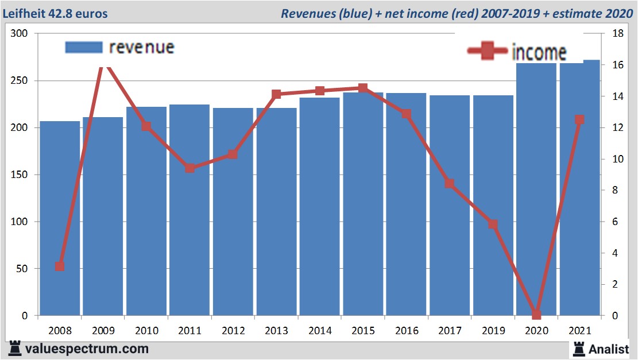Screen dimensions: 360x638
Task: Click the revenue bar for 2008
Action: point(60,218)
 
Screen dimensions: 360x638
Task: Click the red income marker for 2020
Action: point(536,315)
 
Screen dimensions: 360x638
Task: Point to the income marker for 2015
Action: point(363,88)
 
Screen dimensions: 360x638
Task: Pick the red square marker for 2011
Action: point(190,168)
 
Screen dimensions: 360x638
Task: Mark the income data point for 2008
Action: point(60,266)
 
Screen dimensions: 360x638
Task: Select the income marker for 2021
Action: point(579,119)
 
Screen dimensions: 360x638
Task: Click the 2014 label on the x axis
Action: point(320,331)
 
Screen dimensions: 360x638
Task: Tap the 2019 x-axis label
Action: point(493,331)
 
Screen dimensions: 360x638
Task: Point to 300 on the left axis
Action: point(20,34)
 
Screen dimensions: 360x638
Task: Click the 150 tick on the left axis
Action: point(20,175)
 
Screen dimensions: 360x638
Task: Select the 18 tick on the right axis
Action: point(618,34)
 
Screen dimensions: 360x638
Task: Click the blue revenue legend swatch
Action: point(84,47)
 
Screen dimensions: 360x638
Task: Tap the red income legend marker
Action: point(488,51)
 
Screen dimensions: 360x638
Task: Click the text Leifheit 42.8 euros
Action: point(55,13)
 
